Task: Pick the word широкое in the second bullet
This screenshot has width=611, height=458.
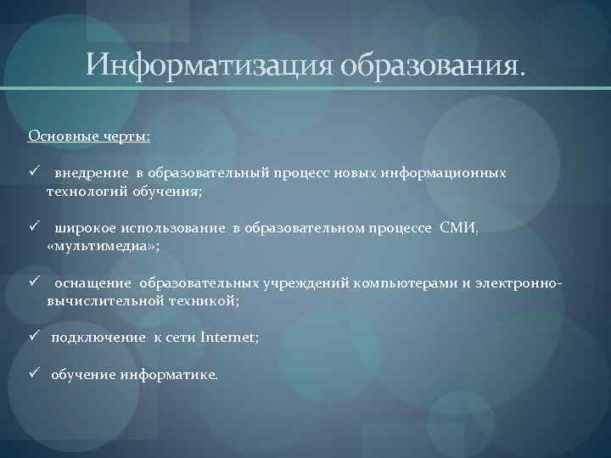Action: click(85, 227)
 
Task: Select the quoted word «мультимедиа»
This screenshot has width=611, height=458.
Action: click(100, 245)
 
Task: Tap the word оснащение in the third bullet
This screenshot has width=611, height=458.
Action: click(93, 282)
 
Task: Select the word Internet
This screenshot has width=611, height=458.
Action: click(227, 337)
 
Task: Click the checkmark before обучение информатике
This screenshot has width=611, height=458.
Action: click(34, 373)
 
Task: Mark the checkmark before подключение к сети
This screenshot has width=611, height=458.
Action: click(34, 336)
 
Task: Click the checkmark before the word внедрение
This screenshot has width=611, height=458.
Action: click(34, 172)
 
